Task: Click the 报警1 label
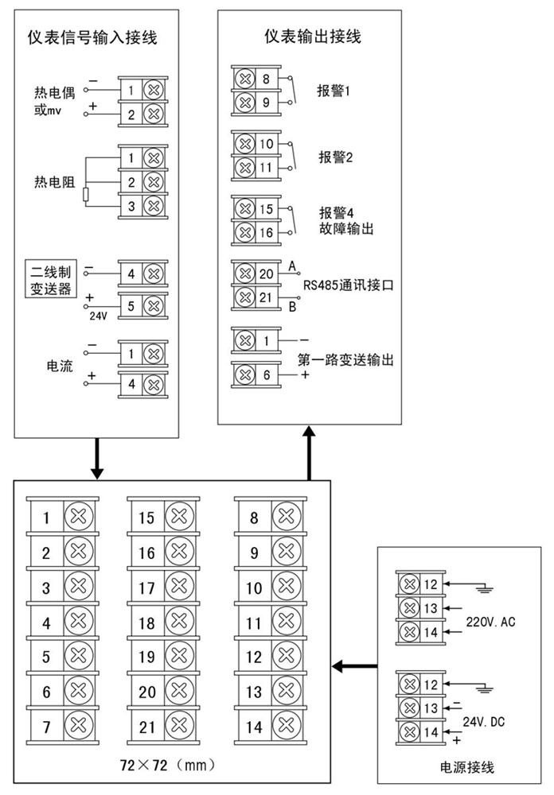pos(335,91)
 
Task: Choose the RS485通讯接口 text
pos(348,285)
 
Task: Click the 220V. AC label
pos(491,622)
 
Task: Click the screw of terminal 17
pos(180,589)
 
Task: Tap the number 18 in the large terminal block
pos(146,623)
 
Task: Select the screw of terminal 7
pos(77,726)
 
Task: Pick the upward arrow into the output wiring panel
pos(308,452)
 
